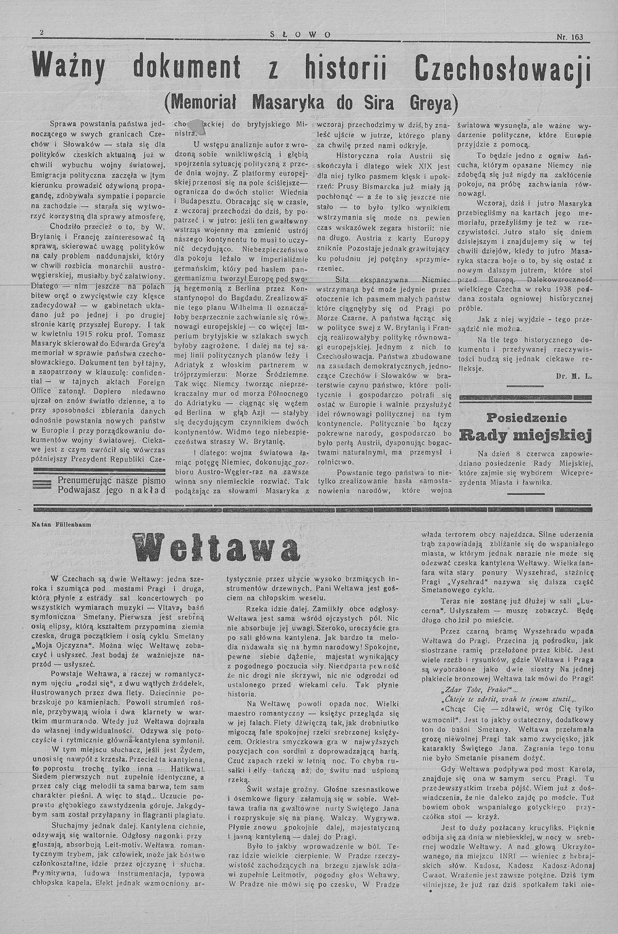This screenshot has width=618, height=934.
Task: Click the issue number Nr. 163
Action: (569, 36)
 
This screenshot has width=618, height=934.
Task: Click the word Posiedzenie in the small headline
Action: (525, 417)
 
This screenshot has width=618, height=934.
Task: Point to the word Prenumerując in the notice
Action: (87, 479)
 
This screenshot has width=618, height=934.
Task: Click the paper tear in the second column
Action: (197, 125)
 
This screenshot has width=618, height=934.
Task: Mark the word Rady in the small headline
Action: (486, 435)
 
